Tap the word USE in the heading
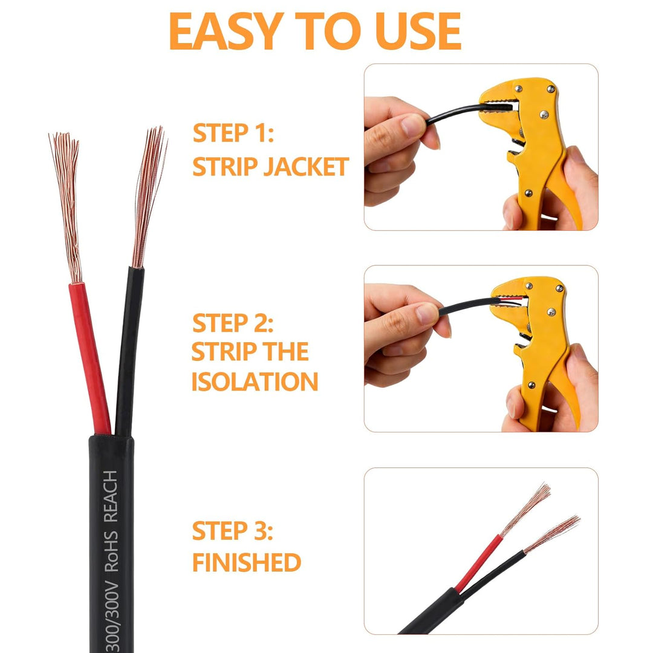click(x=418, y=31)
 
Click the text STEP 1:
click(x=233, y=133)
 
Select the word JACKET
click(x=306, y=167)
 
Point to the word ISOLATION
click(x=255, y=382)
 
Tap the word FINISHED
click(x=247, y=562)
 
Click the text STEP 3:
click(x=233, y=531)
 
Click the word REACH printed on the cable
click(x=111, y=496)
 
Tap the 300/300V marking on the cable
click(x=112, y=616)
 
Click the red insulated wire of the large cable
click(x=89, y=358)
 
